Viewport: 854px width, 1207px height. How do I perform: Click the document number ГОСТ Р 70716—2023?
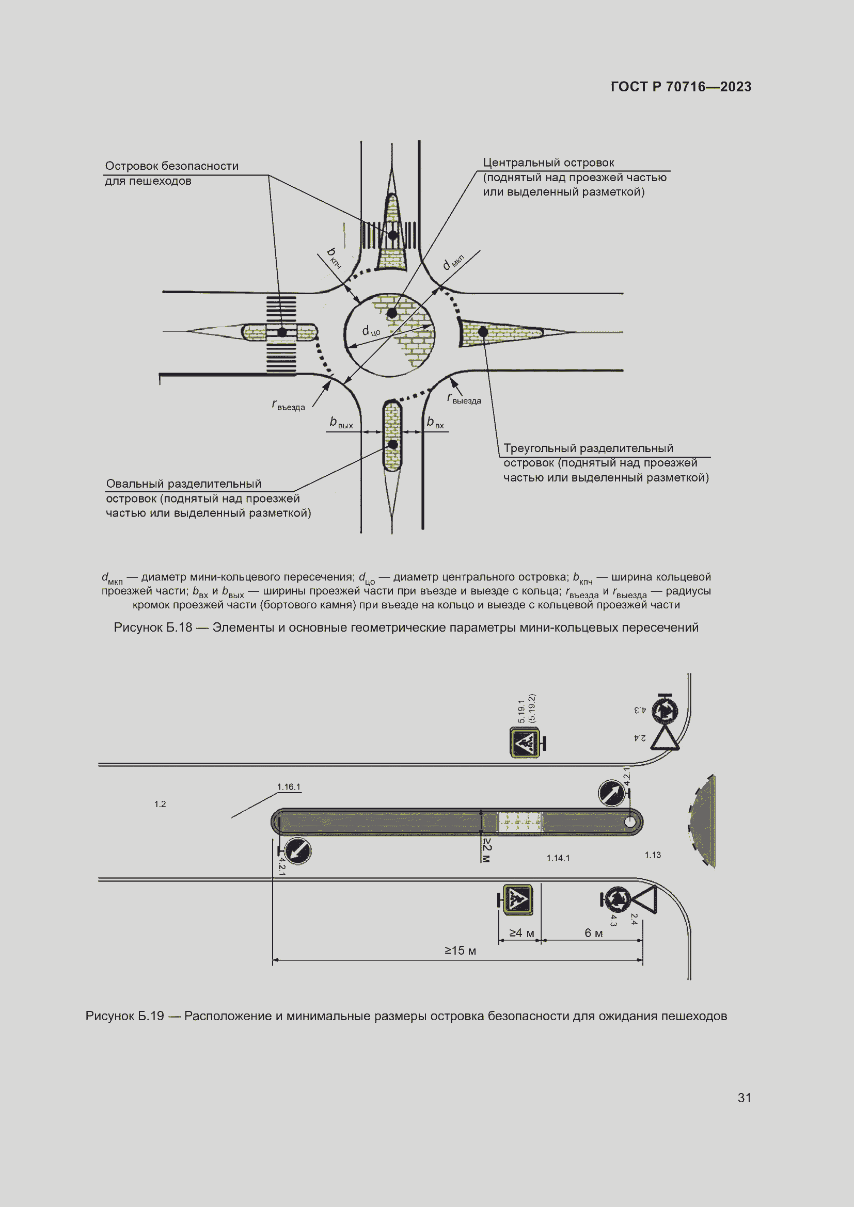[681, 87]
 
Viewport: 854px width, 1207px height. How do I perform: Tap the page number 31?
[744, 1097]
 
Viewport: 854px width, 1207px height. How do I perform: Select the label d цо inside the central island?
[371, 331]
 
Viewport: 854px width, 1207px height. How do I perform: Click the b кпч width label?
[334, 258]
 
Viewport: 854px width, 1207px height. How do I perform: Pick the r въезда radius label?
[288, 405]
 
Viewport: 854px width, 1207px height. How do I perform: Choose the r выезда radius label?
[464, 399]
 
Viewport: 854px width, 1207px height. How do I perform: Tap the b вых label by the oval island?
[341, 423]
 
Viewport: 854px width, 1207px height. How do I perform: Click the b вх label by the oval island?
[435, 423]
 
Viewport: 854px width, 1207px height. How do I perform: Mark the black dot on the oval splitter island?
[392, 445]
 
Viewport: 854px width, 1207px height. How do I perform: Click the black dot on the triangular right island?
[483, 332]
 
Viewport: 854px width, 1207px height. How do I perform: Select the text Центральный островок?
[548, 163]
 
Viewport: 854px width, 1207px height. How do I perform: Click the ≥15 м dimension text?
[460, 951]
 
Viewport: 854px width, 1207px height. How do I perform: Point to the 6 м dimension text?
[593, 933]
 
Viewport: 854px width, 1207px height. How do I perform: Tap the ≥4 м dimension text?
[521, 933]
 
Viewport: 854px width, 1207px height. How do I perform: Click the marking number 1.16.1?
[288, 787]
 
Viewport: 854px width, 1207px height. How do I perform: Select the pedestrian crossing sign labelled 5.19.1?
[524, 743]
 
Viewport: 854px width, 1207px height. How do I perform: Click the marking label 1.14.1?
[558, 858]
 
